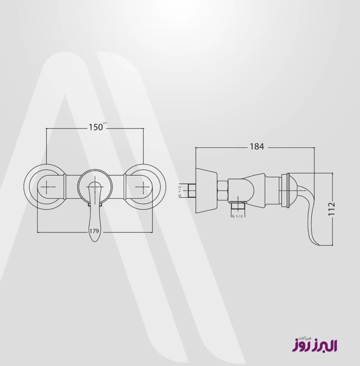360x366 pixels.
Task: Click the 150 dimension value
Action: pos(96,127)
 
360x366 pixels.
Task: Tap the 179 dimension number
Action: pos(94,231)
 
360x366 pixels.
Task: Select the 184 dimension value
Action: pos(257,146)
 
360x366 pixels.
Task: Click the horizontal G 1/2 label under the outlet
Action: pos(237,216)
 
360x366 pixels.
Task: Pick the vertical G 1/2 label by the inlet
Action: pos(180,190)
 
